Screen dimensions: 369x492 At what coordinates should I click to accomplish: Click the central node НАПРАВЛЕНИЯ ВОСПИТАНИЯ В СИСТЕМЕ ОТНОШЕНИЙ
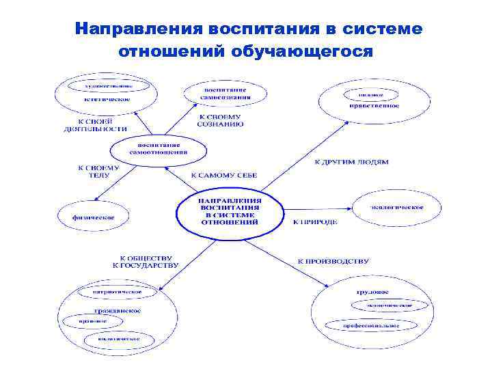[229, 211]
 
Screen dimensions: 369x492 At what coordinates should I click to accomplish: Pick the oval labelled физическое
[94, 217]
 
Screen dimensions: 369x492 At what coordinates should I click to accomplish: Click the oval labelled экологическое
[396, 207]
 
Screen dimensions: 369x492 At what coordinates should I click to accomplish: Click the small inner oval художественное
[108, 86]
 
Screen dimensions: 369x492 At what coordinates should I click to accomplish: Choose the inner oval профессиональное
[372, 325]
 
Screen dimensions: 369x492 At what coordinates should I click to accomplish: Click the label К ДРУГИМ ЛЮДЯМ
[351, 162]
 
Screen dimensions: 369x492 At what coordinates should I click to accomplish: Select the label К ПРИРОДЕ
[315, 221]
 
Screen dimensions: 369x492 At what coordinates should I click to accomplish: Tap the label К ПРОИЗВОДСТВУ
[333, 260]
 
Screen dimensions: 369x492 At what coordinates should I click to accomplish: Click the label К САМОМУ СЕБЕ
[224, 176]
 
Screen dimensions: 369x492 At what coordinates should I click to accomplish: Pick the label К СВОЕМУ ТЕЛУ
[98, 171]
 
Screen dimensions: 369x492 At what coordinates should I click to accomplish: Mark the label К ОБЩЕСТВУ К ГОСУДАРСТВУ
[146, 260]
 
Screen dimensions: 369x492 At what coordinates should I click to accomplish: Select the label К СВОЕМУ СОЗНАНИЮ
[219, 120]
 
